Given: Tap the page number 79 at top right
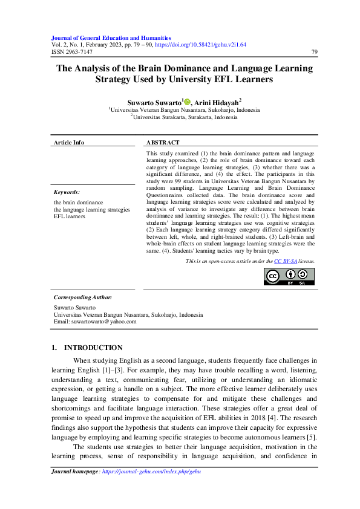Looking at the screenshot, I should [313, 52].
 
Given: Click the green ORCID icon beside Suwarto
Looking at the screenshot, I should [187, 103].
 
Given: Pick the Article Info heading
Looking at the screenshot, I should [69, 143].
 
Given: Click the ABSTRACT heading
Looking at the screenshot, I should [163, 143].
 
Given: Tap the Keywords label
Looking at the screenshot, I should [67, 192].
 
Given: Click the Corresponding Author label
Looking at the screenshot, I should [83, 297].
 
